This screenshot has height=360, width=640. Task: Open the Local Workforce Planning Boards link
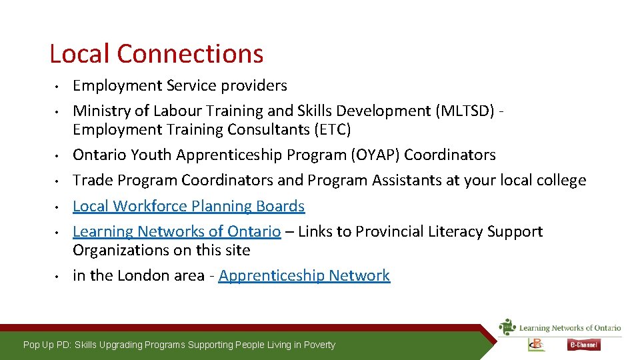click(x=189, y=206)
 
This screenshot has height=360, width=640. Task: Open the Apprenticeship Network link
click(x=304, y=275)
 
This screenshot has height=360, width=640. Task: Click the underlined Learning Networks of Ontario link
click(x=177, y=231)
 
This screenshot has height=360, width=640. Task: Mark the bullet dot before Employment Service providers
click(x=59, y=86)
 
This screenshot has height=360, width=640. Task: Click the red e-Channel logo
click(x=584, y=345)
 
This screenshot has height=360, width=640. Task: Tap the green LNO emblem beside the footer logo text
click(x=508, y=327)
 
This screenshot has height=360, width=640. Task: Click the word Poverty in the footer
click(x=319, y=345)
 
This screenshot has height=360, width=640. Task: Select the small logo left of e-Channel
click(x=536, y=344)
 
